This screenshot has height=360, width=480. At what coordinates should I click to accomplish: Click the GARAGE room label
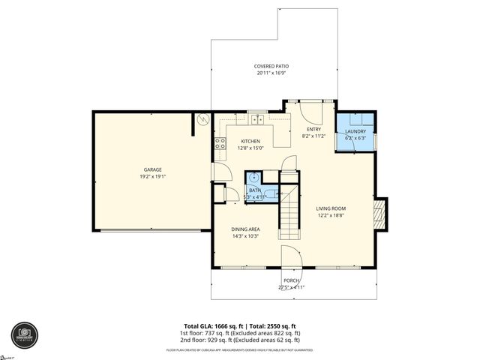pos(152,169)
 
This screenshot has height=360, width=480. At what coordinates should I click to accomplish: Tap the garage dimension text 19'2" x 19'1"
pos(152,176)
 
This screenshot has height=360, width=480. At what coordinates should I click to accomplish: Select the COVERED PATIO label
pos(271,67)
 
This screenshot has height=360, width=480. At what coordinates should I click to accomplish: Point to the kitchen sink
pos(257,118)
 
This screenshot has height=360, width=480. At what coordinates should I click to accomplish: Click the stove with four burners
pos(220,142)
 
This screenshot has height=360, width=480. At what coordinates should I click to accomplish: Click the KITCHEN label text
pos(250,141)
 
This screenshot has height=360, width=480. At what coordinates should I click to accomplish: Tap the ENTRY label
pos(313,129)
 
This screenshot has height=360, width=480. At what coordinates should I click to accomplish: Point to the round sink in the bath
pos(253,178)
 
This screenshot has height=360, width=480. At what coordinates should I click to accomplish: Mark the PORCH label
pos(291,280)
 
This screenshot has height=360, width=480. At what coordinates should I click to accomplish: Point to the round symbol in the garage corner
pos(201,119)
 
